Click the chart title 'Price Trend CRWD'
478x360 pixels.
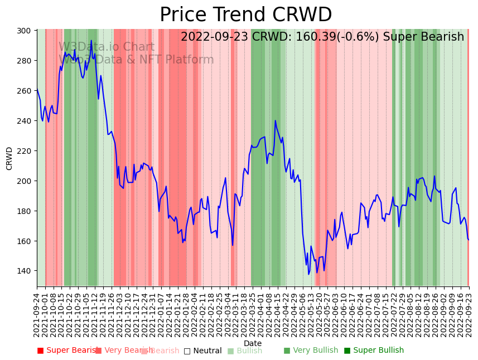pos(245,15)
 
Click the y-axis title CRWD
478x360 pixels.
pos(9,158)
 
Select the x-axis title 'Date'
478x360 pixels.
pos(252,343)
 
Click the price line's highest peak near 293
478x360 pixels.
pos(91,41)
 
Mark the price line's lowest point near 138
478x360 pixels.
pos(308,274)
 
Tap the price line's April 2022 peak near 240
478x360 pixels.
pos(275,121)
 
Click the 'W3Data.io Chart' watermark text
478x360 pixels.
pos(106,47)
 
